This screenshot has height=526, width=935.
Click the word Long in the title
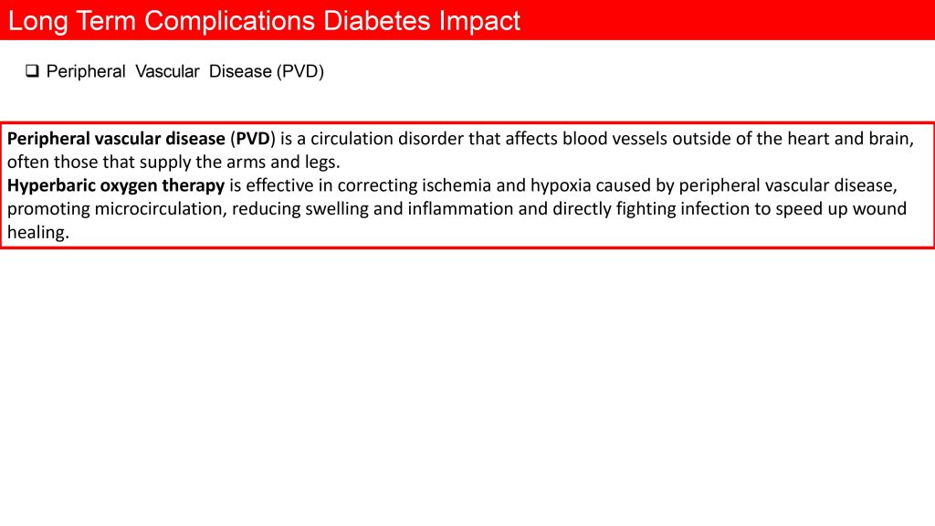click(37, 22)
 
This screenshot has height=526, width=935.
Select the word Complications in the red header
click(229, 22)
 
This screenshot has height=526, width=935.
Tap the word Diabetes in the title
click(377, 21)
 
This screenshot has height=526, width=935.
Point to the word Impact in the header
click(480, 22)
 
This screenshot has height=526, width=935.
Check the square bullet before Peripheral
click(32, 71)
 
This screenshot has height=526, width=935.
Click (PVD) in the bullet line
click(299, 71)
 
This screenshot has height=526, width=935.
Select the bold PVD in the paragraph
click(254, 139)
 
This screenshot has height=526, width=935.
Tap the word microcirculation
click(161, 209)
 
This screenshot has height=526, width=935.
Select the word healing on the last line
click(38, 233)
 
